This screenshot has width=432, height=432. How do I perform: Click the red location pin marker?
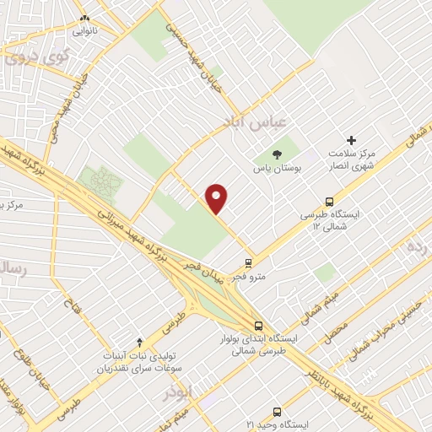tap(218, 198)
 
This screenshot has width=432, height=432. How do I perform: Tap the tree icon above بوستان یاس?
tap(277, 154)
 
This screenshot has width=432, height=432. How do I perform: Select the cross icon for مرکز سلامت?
tap(352, 140)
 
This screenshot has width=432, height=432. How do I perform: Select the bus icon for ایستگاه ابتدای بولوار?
tap(258, 326)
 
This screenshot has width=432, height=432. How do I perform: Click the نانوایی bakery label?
tap(84, 31)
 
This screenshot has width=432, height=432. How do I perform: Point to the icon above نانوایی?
tap(84, 18)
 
